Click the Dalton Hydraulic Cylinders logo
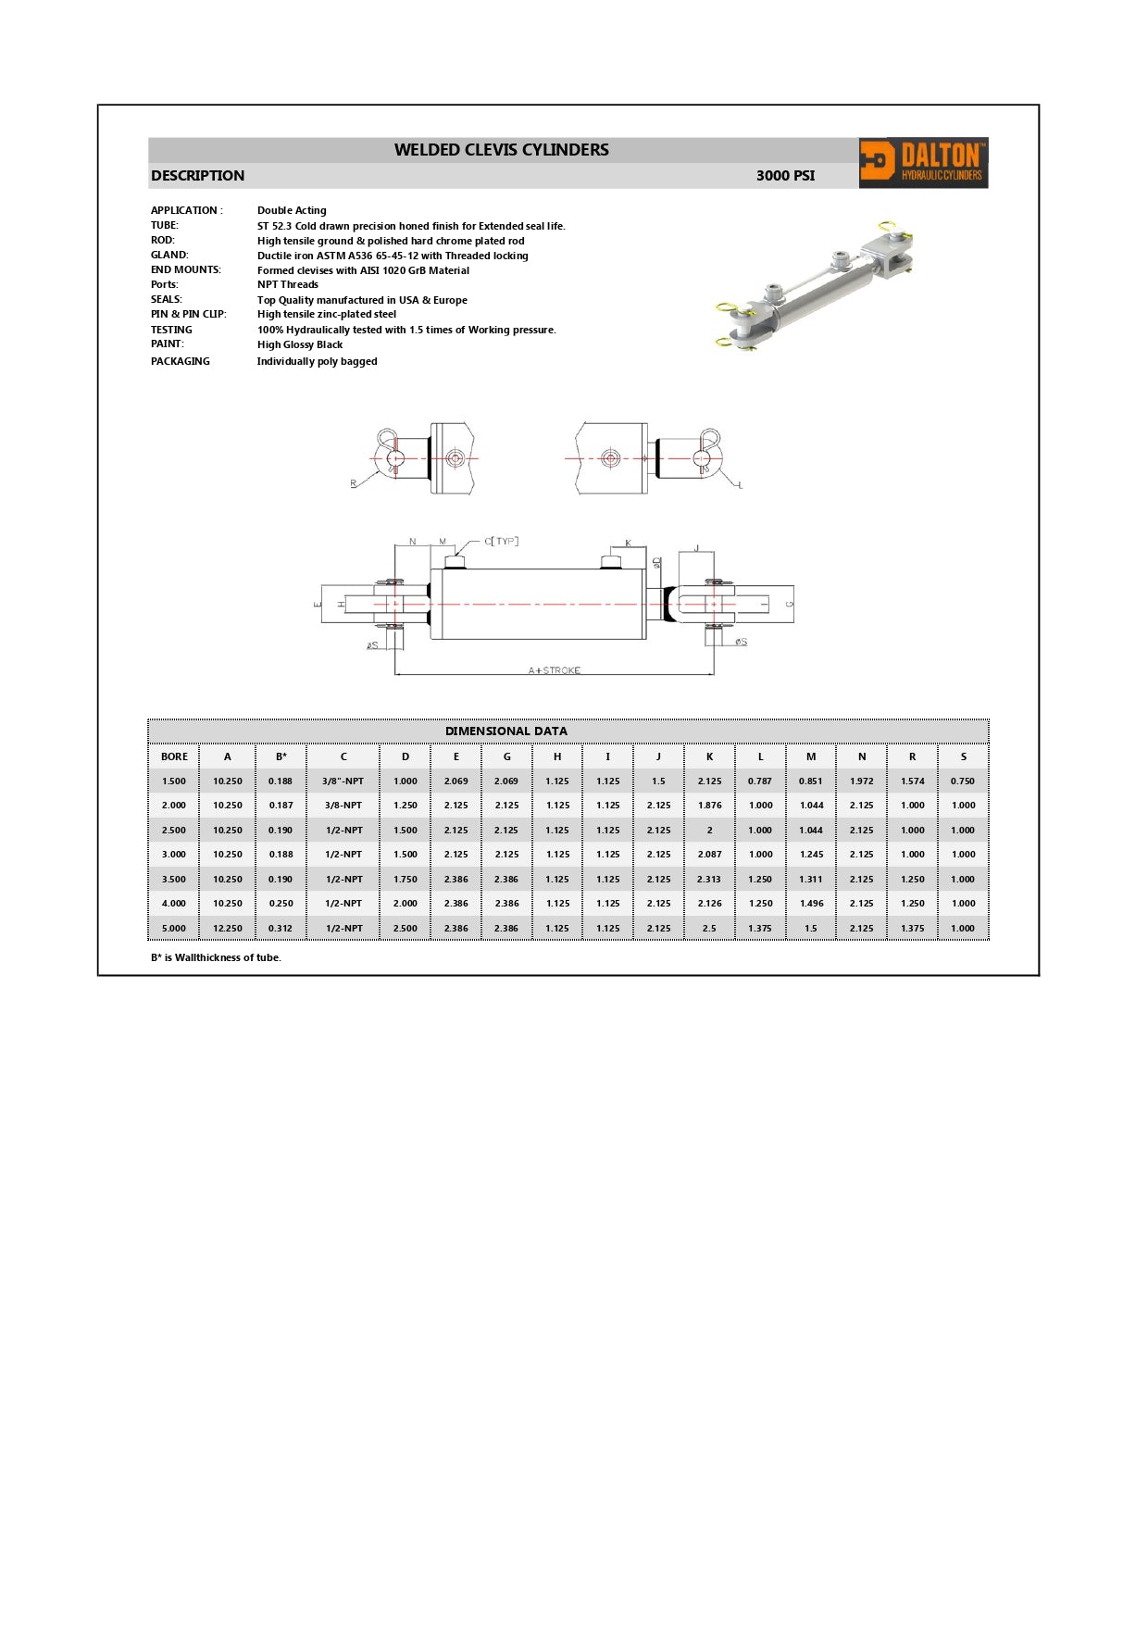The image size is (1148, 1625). coord(923,163)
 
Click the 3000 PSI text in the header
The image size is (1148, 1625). coord(785,176)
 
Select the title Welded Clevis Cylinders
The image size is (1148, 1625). coord(502,150)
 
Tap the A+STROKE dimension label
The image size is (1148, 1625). coord(555,669)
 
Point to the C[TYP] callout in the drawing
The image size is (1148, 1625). coord(502,542)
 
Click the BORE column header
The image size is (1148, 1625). coord(174,756)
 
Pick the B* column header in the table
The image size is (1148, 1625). coord(281,756)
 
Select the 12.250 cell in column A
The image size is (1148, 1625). coord(228,928)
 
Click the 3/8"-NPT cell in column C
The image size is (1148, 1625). coord(343,781)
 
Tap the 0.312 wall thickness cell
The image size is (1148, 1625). coord(281,928)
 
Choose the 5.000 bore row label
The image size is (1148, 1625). coord(174,928)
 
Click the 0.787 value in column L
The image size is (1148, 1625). coord(760,781)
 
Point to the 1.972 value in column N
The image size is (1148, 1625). coord(862,781)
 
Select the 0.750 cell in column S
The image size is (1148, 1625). coord(963,781)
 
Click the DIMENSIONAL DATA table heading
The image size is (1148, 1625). coord(506,731)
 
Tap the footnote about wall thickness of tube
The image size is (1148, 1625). coord(216,957)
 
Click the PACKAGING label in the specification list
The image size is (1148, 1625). coord(181,361)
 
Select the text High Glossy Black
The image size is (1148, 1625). coord(300,344)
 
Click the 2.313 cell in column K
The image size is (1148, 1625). coord(709,880)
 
